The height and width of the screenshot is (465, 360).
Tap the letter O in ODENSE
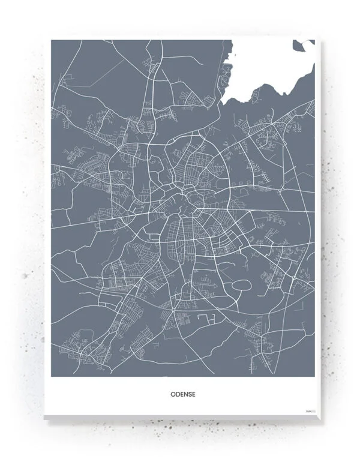click(172, 395)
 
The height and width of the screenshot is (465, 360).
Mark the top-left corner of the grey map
click(52, 41)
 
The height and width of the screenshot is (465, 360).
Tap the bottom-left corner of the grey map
click(52, 376)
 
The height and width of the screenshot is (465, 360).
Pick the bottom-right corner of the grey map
click(314, 376)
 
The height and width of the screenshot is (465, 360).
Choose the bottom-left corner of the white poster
click(44, 415)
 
